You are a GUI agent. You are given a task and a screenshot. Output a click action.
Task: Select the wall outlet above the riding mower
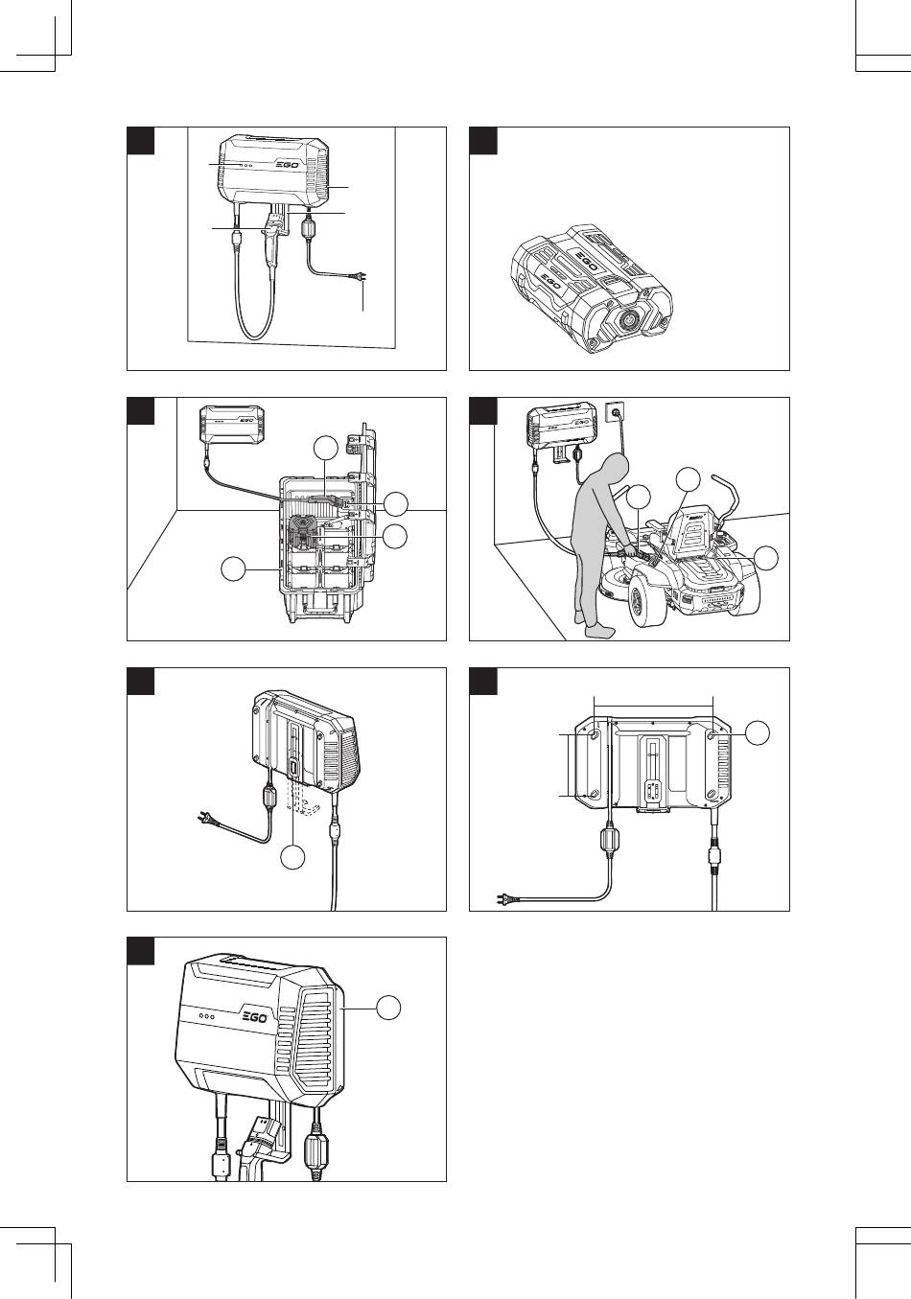(x=614, y=414)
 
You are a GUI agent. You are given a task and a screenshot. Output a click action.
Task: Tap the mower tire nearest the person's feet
(x=643, y=603)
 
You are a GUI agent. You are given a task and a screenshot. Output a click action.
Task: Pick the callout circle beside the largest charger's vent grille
(x=388, y=1008)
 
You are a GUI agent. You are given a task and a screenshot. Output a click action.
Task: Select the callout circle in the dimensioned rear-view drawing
(x=757, y=732)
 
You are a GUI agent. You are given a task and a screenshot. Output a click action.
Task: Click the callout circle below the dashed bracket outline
(x=294, y=858)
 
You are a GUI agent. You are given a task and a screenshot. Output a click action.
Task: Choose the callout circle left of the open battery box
(x=231, y=569)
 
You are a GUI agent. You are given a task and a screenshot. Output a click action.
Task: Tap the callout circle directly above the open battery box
(x=327, y=446)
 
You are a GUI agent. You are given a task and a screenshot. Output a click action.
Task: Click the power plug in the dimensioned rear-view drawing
(x=503, y=898)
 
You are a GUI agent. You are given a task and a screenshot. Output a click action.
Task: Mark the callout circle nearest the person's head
(x=639, y=496)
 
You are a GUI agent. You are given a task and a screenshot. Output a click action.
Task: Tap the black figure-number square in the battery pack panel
(x=482, y=140)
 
